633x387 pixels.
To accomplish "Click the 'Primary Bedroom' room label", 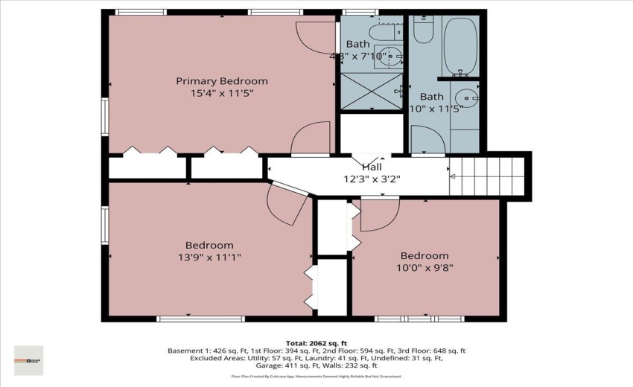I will (221, 81).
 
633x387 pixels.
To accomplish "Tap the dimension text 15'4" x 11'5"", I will (221, 94).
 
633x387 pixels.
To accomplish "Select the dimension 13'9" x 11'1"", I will (209, 257).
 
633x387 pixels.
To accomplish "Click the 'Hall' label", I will (372, 167).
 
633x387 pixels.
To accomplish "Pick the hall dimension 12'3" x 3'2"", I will (372, 179).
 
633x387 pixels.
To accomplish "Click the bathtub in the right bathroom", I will (462, 45).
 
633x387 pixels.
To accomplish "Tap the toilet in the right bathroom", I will (422, 28).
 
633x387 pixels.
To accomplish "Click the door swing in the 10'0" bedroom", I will (376, 216).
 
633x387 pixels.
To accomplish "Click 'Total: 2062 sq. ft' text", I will (316, 343).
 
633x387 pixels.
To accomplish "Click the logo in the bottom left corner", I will (29, 360).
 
